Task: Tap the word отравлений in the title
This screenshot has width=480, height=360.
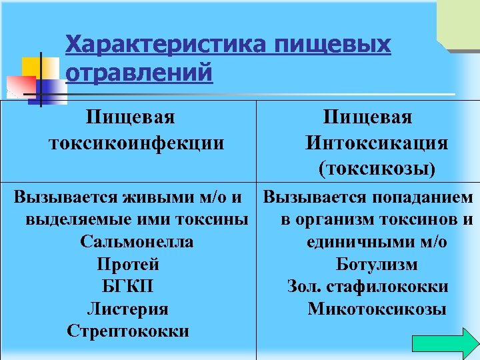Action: pos(139,71)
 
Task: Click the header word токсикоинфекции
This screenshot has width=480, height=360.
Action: pos(136,143)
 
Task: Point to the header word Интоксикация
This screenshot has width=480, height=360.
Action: pos(377,143)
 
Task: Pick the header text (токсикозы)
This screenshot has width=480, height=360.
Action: pos(377,169)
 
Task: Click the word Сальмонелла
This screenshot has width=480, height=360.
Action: pos(137,242)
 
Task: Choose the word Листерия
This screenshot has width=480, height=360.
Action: pos(128,309)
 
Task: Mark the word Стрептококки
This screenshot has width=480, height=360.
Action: pos(128,331)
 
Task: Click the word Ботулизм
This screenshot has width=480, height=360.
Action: pos(377,265)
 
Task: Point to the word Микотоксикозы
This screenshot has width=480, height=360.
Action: pos(377,309)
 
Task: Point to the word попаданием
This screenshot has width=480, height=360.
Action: pos(420,198)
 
